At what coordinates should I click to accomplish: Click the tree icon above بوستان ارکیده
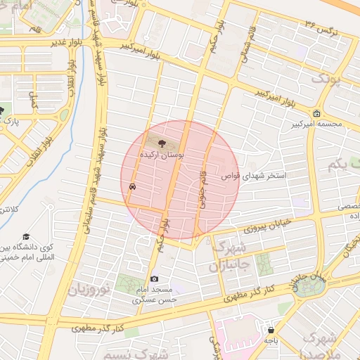pos(162,143)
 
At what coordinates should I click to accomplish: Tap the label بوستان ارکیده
pos(162,154)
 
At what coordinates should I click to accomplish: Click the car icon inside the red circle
pos(133,187)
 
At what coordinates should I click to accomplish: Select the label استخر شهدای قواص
pos(251,176)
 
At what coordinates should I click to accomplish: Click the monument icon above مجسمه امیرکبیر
pos(317,114)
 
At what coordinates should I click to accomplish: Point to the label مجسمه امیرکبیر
pos(317,124)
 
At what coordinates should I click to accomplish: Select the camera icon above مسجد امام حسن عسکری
pos(155,279)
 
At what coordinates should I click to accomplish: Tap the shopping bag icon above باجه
pos(271,330)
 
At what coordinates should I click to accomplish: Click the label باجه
pos(271,340)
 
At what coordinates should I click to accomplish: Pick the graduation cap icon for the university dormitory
pos(27,238)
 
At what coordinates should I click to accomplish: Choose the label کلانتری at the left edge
pos(5,210)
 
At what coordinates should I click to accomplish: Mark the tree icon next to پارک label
pos(2,110)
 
